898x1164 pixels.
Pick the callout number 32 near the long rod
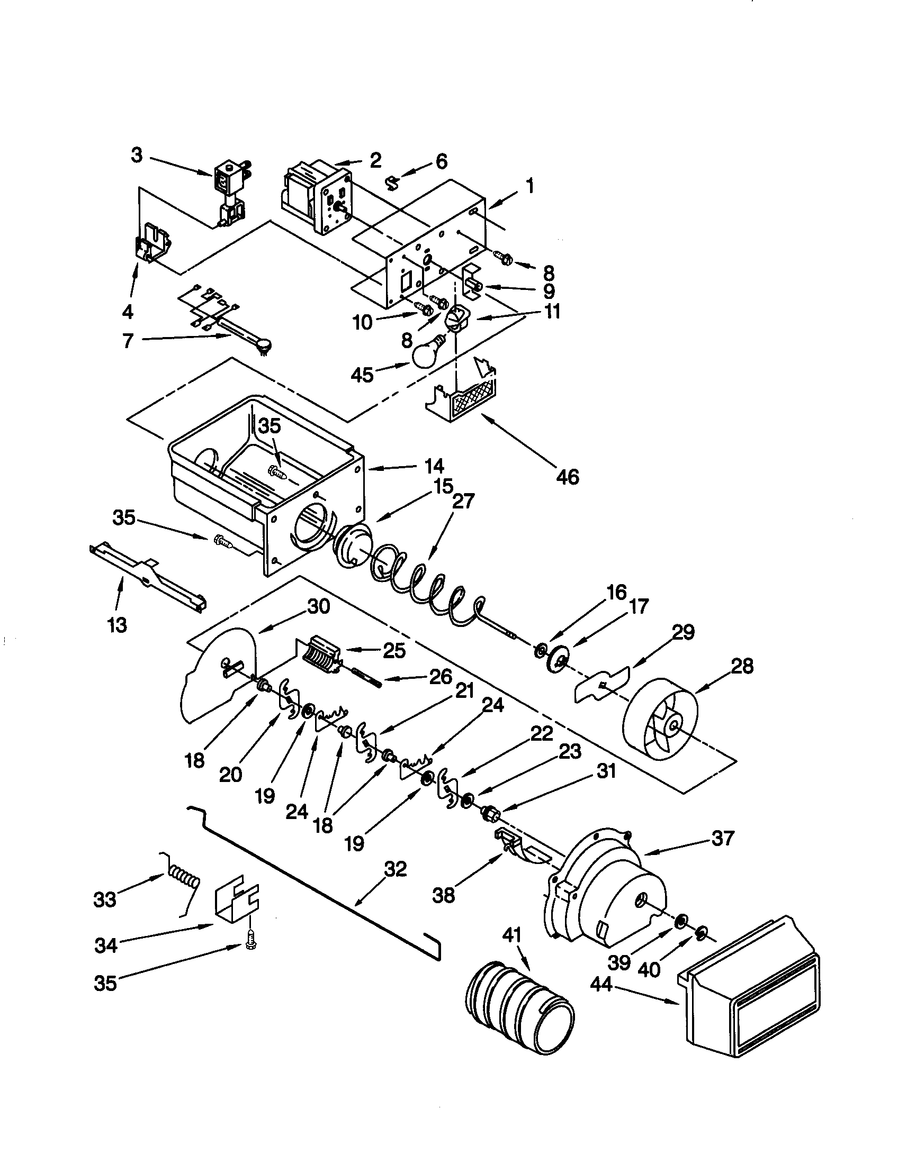(395, 869)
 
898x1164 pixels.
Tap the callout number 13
(117, 624)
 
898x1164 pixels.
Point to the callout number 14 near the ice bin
(435, 467)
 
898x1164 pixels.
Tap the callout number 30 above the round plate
(318, 607)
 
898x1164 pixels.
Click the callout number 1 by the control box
(529, 186)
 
